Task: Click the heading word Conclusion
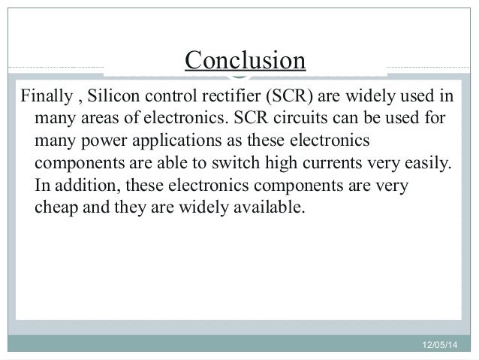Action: click(246, 61)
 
